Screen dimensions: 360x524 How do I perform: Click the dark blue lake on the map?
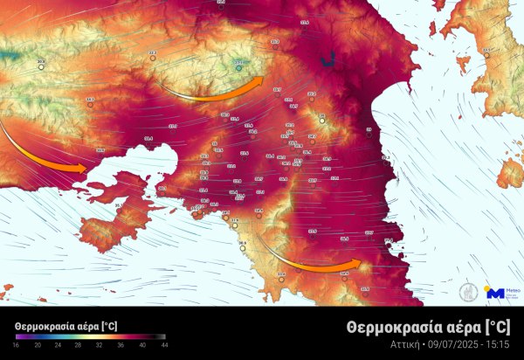click(x=328, y=60)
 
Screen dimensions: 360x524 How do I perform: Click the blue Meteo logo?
click(x=495, y=294)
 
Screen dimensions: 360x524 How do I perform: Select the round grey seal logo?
click(x=468, y=292)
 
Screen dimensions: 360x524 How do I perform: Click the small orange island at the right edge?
click(x=510, y=172)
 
